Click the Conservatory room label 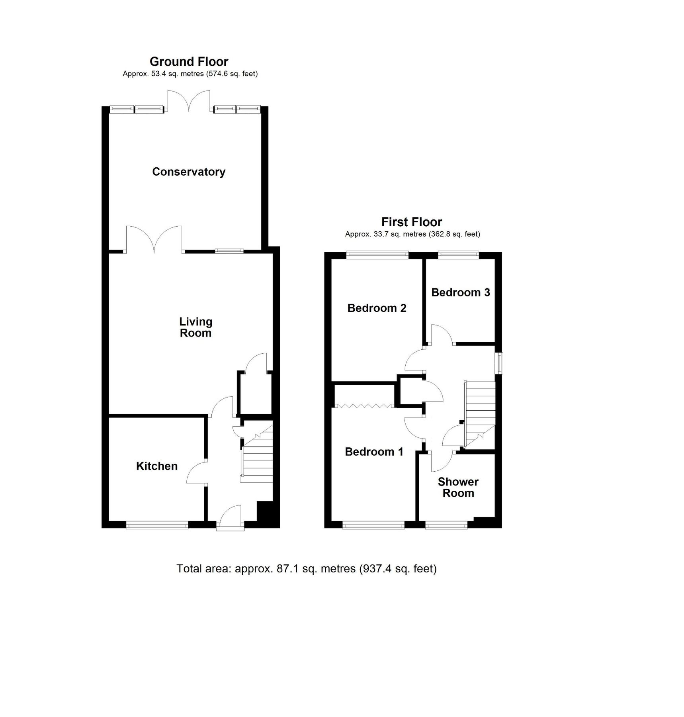(x=189, y=172)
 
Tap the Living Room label (x=195, y=327)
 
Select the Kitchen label (x=156, y=466)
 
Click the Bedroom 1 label (x=374, y=452)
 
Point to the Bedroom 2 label (x=377, y=308)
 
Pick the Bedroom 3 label (x=460, y=292)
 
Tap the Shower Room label (x=458, y=487)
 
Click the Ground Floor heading (x=189, y=62)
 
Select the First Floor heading (x=412, y=222)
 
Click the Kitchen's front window (x=157, y=526)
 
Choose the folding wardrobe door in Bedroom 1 (x=364, y=406)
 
